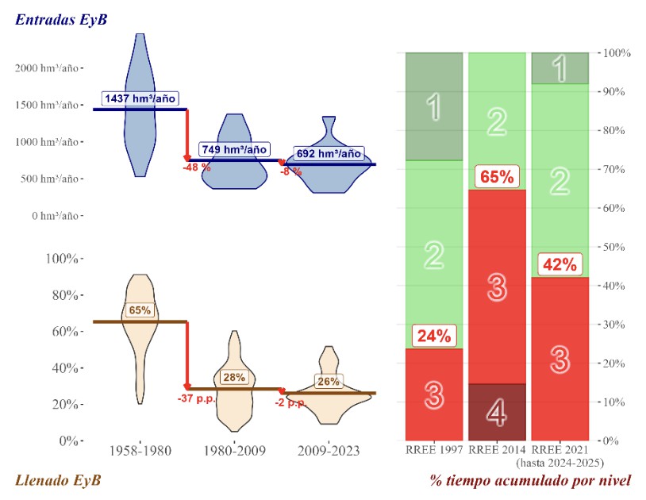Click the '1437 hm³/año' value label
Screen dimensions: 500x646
coord(137,99)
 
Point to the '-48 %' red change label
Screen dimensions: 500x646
coord(196,167)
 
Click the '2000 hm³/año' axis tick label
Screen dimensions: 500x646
coord(47,68)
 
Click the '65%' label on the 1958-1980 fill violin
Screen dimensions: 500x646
coord(140,310)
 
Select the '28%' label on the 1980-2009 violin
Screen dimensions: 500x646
coord(233,378)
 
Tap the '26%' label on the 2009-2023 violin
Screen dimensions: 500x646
coord(328,382)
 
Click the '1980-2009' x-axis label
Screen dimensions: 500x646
coord(234,451)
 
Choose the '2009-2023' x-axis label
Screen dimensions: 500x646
coord(329,451)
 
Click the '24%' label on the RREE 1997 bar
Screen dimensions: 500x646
coord(433,336)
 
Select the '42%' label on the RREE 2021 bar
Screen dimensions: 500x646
coord(559,264)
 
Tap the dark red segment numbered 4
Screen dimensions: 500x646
coord(496,411)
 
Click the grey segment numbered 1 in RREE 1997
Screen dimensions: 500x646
coord(433,107)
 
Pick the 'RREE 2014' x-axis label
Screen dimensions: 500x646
coord(497,451)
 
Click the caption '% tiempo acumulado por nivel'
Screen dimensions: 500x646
coord(531,480)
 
